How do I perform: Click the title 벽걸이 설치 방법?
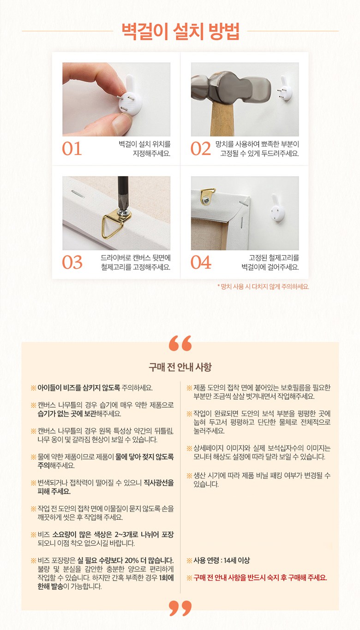180,31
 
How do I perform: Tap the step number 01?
72,149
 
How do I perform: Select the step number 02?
200,149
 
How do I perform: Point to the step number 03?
72,262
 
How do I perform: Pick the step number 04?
201,262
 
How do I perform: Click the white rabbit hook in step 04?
277,208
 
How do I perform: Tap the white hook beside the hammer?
285,88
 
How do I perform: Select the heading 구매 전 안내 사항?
180,367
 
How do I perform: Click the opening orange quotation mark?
180,343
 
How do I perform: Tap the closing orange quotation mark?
180,609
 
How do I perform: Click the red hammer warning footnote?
263,286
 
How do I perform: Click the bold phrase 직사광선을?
159,483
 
